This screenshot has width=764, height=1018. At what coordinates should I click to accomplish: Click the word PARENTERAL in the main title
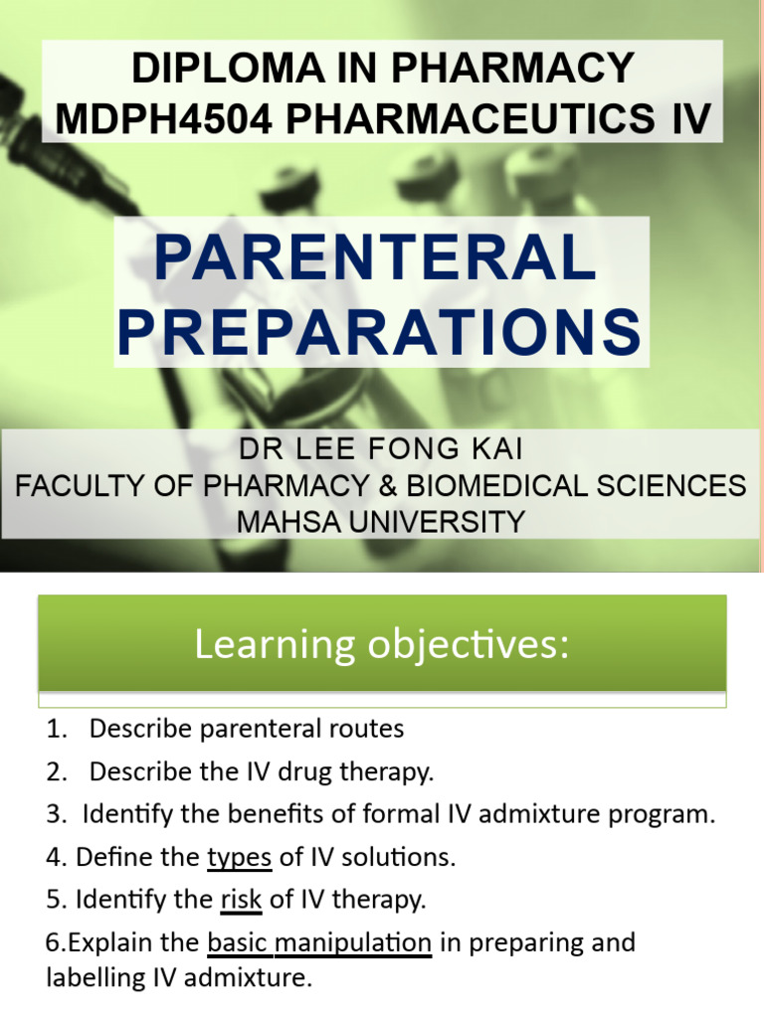[374, 260]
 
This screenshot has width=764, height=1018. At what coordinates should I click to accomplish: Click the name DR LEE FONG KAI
[380, 450]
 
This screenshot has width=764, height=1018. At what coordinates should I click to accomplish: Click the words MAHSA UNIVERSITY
[380, 521]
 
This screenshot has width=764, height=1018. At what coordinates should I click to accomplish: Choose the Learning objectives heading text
[382, 645]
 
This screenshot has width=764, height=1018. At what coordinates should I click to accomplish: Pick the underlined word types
[239, 857]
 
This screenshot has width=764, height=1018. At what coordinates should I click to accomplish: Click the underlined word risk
[241, 900]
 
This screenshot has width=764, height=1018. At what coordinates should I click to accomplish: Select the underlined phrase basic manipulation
[319, 942]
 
